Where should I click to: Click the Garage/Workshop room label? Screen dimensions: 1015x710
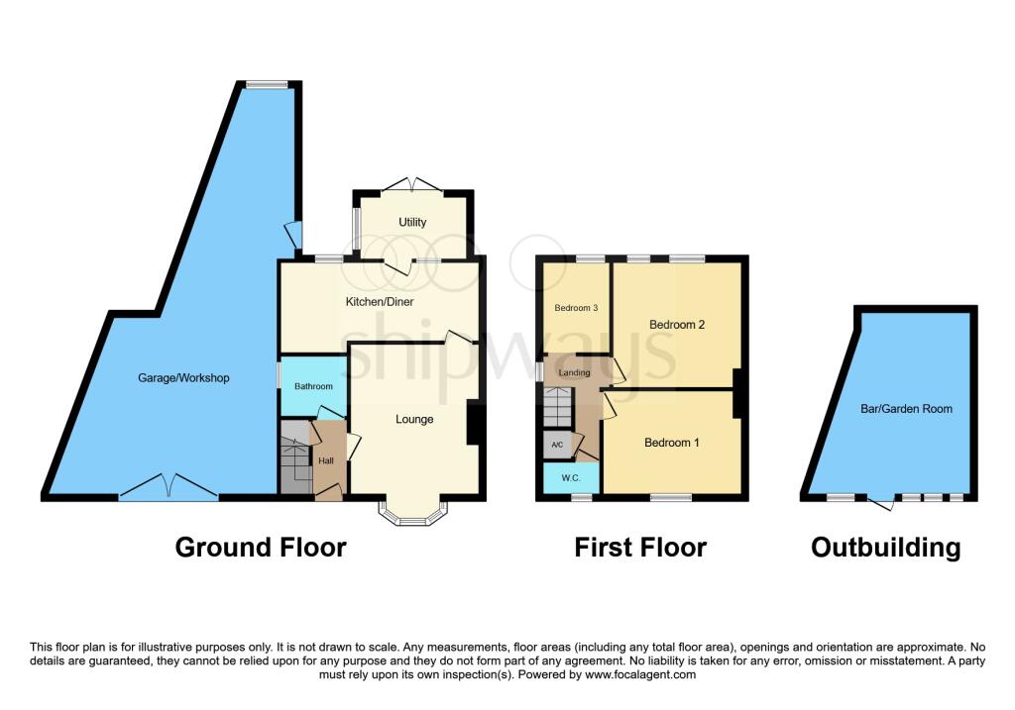pyautogui.click(x=183, y=377)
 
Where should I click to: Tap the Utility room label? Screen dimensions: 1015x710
pyautogui.click(x=412, y=222)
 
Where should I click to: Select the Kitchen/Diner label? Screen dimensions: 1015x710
pyautogui.click(x=380, y=301)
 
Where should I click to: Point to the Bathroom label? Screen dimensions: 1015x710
pyautogui.click(x=313, y=386)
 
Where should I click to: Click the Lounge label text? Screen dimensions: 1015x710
pyautogui.click(x=414, y=419)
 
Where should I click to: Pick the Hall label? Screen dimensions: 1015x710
pyautogui.click(x=325, y=460)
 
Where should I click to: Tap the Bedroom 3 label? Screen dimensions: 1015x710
pyautogui.click(x=576, y=308)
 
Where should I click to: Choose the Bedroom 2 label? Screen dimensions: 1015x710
pyautogui.click(x=676, y=325)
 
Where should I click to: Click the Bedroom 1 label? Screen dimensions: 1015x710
pyautogui.click(x=671, y=443)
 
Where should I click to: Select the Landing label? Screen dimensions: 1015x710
pyautogui.click(x=574, y=372)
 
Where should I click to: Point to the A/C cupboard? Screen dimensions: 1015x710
pyautogui.click(x=557, y=445)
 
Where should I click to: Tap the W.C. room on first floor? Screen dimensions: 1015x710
pyautogui.click(x=571, y=478)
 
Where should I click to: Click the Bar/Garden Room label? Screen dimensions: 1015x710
pyautogui.click(x=906, y=409)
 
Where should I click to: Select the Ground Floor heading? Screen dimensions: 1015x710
pyautogui.click(x=261, y=547)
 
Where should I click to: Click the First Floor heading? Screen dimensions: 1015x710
pyautogui.click(x=640, y=547)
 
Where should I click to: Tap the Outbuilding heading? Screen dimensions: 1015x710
pyautogui.click(x=885, y=548)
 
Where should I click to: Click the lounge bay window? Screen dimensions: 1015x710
pyautogui.click(x=413, y=514)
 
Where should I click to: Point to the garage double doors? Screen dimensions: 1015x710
pyautogui.click(x=169, y=488)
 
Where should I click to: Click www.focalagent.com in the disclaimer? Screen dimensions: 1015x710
pyautogui.click(x=640, y=674)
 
